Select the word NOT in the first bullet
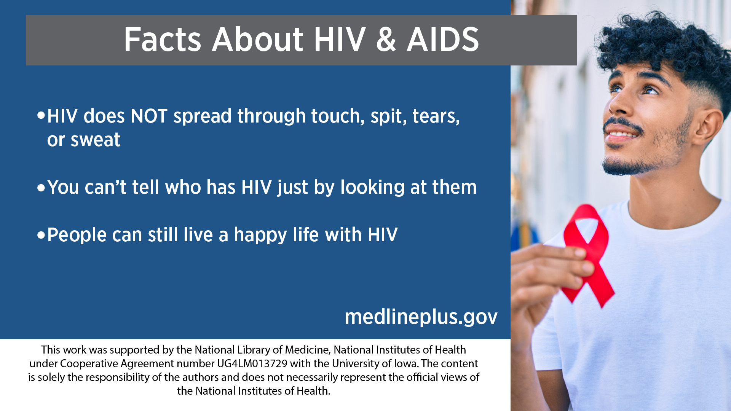(x=149, y=116)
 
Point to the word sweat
(x=95, y=140)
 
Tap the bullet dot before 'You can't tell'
(x=41, y=188)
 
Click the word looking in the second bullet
(x=372, y=188)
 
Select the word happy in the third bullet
(x=260, y=235)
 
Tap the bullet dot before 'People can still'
(x=41, y=235)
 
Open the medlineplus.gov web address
(x=421, y=317)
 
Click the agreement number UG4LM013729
(x=252, y=363)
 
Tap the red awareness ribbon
(x=588, y=255)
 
